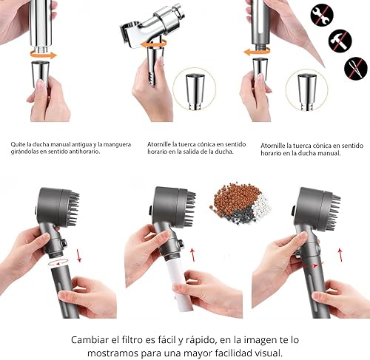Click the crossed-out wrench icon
pyautogui.click(x=322, y=15)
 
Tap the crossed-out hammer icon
pyautogui.click(x=340, y=41)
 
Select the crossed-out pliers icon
pyautogui.click(x=356, y=68)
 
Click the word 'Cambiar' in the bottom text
pyautogui.click(x=90, y=340)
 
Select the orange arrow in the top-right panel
pyautogui.click(x=257, y=52)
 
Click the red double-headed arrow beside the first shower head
pyautogui.click(x=79, y=255)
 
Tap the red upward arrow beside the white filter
pyautogui.click(x=192, y=254)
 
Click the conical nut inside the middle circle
pyautogui.click(x=195, y=91)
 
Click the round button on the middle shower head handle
pyautogui.click(x=181, y=244)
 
